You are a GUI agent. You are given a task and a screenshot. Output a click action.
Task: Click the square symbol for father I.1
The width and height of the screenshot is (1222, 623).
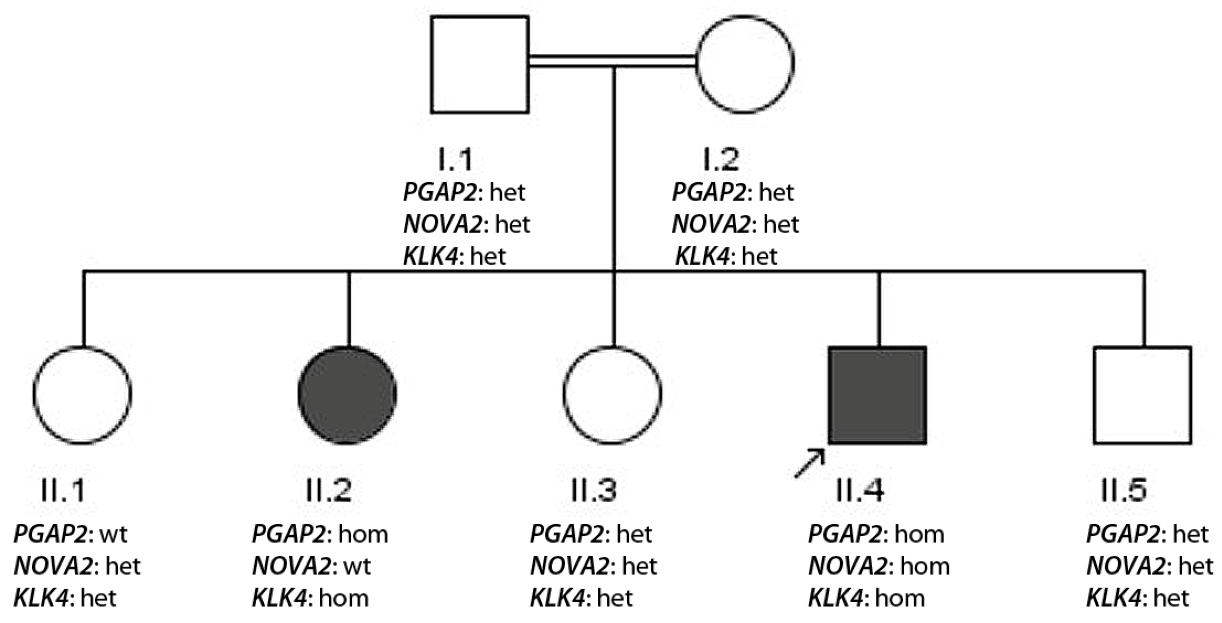[x=480, y=64]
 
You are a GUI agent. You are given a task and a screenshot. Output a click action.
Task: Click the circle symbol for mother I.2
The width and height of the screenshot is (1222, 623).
[x=744, y=64]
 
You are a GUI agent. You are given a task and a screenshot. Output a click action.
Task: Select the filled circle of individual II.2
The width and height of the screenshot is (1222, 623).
[x=347, y=395]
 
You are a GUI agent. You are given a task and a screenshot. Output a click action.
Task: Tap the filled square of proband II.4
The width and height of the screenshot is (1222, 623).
[x=877, y=395]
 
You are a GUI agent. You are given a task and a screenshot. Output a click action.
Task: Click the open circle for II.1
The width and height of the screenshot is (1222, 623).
[x=82, y=395]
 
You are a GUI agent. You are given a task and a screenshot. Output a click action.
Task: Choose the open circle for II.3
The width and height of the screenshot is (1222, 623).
[x=613, y=395]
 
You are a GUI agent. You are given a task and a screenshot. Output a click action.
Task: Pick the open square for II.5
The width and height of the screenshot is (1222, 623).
[x=1142, y=395]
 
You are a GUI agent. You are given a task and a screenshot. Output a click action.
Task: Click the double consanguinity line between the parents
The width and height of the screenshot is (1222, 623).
[x=613, y=61]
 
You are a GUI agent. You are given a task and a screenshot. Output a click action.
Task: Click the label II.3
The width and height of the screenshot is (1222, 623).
[x=594, y=490]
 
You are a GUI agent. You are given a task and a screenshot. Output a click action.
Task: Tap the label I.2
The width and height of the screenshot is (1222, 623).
[x=720, y=159]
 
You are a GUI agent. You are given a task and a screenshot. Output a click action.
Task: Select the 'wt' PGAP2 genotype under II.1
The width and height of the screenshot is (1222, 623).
[x=113, y=534]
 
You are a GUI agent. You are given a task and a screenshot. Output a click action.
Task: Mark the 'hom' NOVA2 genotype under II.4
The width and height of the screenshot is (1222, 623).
[x=925, y=567]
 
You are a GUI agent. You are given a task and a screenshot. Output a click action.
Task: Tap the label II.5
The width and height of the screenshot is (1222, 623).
[x=1123, y=490]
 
